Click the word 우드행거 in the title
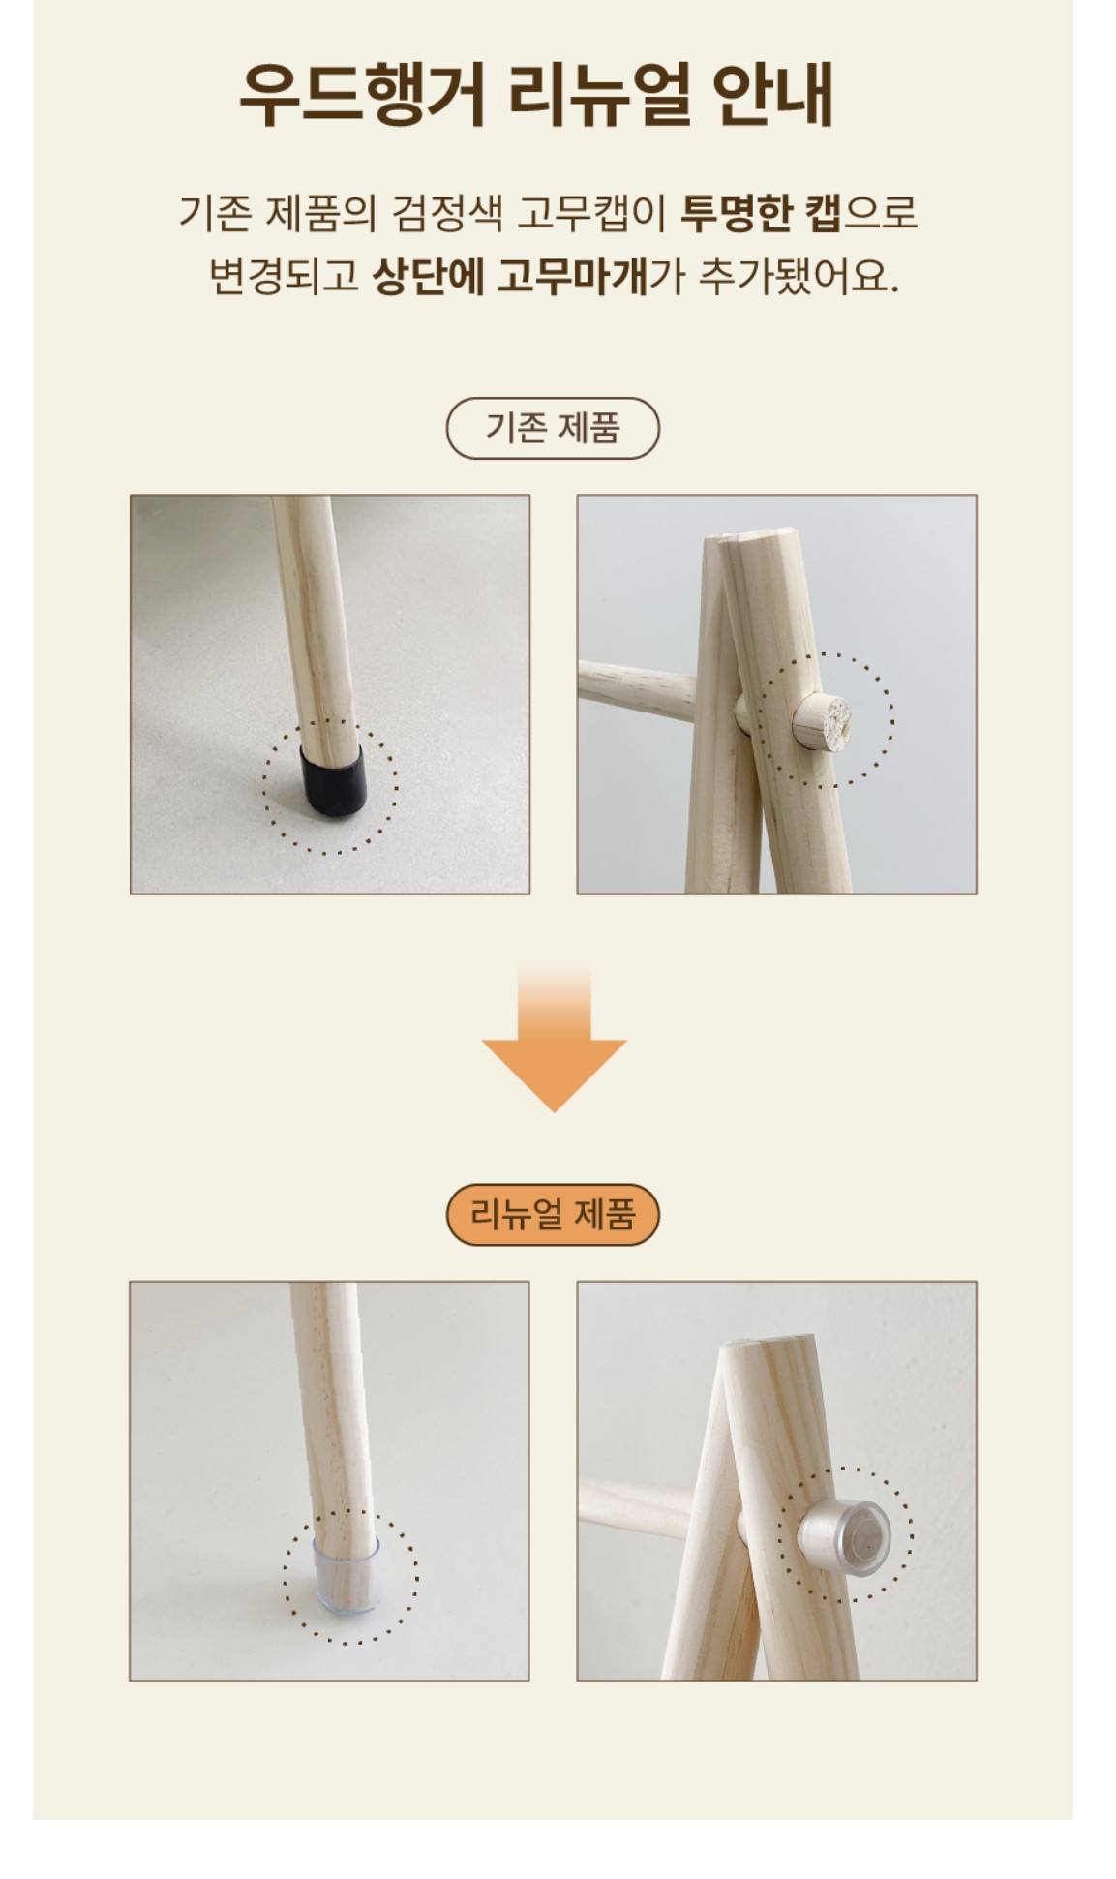362,95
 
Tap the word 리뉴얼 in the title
600,95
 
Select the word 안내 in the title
773,95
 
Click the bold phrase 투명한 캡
761,213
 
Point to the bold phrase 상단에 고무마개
510,276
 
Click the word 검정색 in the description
447,213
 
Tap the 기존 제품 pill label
553,428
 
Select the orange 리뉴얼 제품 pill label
553,1214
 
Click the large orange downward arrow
555,1037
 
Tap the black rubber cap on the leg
333,778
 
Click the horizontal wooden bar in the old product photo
639,683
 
